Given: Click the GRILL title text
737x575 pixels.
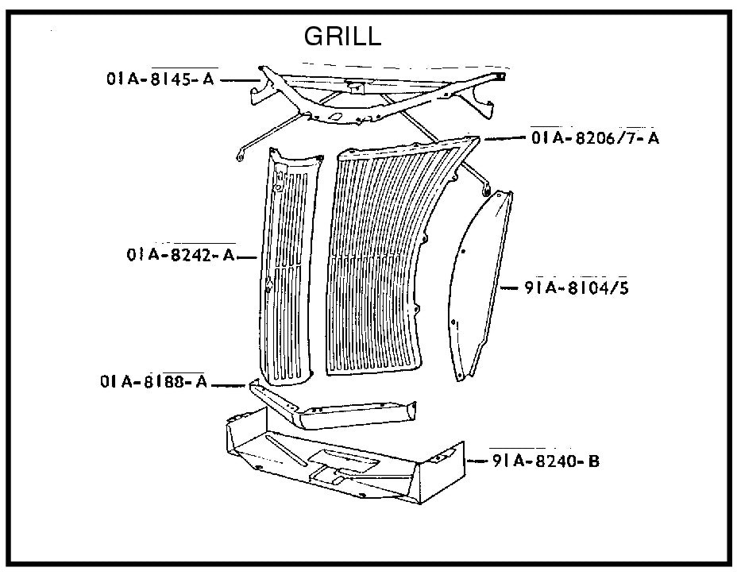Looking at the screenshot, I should [342, 37].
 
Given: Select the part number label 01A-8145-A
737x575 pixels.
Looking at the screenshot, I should [161, 79].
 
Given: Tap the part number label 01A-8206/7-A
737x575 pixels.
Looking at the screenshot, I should [595, 138].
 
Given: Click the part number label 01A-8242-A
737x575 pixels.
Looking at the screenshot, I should [179, 256].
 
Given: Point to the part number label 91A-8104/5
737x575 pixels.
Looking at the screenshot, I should [576, 287].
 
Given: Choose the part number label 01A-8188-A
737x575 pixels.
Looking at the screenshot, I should [153, 382].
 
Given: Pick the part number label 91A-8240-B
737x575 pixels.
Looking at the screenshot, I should [545, 461].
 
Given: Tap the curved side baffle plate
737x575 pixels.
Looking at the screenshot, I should [477, 286].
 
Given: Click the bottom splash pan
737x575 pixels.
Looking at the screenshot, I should [341, 461].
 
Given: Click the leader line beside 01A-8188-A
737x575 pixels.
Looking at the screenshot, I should [230, 385].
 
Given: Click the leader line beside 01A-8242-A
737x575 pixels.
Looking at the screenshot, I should [247, 257].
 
